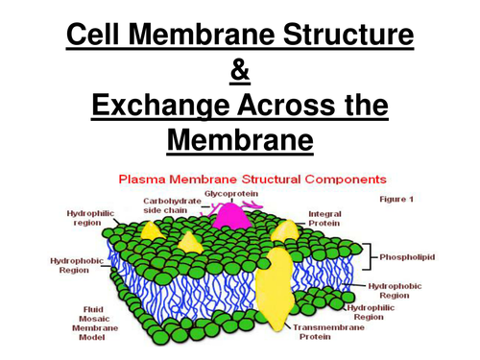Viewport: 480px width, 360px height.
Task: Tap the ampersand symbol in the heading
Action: [x=239, y=71]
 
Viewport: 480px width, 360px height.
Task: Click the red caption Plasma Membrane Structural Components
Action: [x=252, y=179]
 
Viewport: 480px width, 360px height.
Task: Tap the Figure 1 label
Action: [x=396, y=199]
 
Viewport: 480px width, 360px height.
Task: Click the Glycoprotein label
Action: [x=228, y=192]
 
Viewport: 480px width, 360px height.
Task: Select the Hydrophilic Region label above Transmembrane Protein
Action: [x=369, y=311]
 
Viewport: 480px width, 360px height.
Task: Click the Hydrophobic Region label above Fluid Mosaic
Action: [x=73, y=265]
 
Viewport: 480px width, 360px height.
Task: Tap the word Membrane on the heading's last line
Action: [x=239, y=141]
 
